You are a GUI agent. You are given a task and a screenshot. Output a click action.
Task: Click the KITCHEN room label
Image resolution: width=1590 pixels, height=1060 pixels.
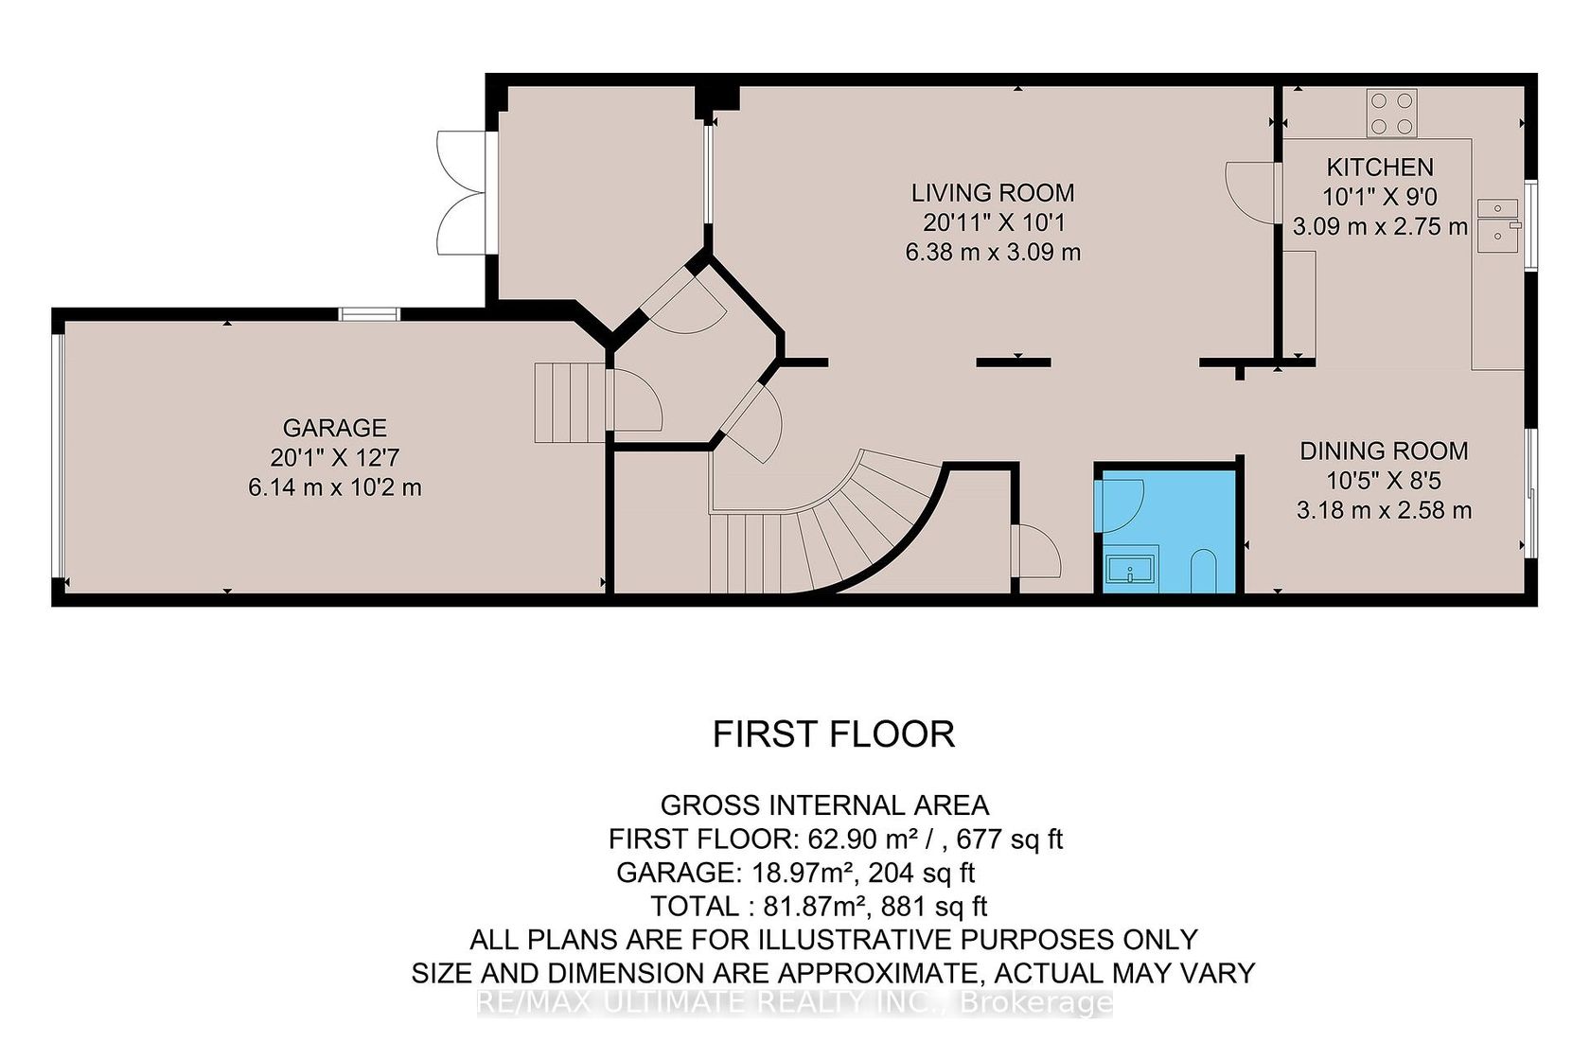1380,167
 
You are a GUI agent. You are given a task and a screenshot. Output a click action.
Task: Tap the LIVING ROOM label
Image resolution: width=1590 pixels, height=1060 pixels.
992,192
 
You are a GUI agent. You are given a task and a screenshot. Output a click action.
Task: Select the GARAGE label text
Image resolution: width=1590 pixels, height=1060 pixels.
334,428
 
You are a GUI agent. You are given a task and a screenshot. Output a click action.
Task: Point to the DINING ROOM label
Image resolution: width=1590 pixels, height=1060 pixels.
1384,450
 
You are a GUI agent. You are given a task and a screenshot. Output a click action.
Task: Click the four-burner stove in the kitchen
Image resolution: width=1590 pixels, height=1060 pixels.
1391,113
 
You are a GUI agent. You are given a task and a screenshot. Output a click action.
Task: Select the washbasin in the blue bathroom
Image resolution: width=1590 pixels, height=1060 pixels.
1130,569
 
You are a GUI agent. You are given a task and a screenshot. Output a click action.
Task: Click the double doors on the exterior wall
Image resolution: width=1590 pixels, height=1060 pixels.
462,192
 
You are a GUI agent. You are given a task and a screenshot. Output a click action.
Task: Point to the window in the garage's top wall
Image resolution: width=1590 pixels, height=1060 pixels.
369,314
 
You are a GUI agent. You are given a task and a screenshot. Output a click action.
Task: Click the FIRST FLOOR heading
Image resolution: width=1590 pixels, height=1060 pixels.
833,734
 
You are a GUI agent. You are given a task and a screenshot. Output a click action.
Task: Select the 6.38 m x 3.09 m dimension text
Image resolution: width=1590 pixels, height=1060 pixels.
992,252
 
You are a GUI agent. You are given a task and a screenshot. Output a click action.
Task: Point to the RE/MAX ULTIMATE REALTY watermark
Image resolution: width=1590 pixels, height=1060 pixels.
794,1002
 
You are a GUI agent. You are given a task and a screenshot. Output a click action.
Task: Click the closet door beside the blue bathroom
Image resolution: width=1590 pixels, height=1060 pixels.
1036,551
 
